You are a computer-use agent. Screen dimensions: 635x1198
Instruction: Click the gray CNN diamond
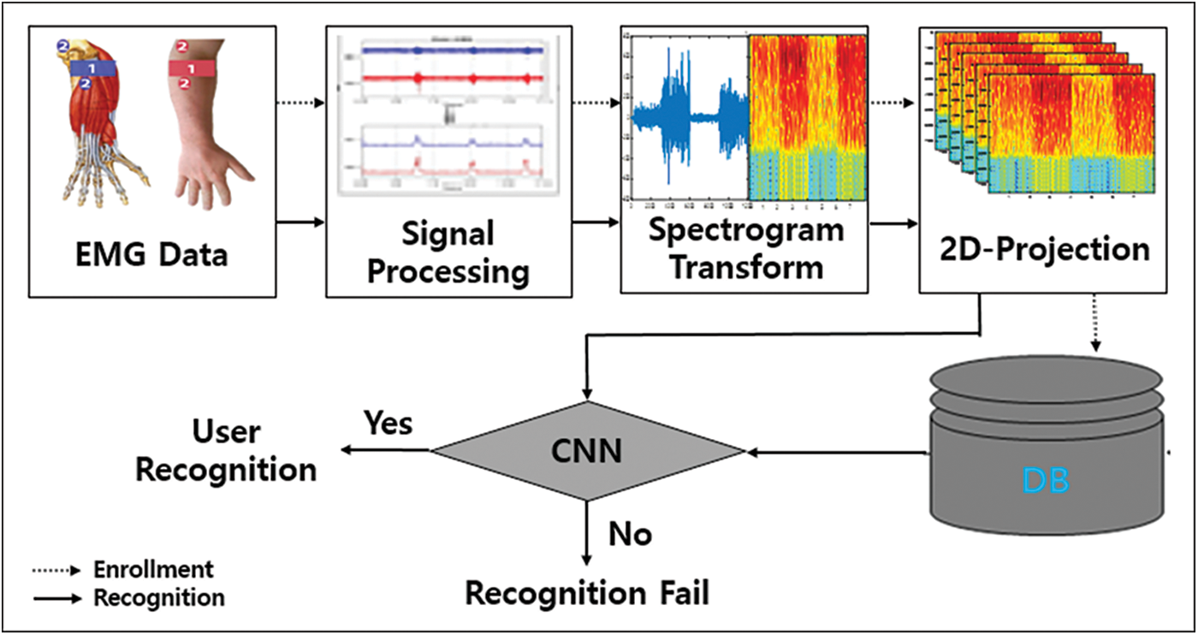(x=587, y=450)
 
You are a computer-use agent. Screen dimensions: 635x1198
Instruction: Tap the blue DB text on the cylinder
(x=1046, y=481)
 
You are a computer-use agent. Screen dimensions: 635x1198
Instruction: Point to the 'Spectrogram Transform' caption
(x=745, y=248)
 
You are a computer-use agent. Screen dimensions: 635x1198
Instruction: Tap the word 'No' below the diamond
(x=630, y=534)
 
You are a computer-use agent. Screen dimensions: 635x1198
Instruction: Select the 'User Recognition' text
(x=226, y=450)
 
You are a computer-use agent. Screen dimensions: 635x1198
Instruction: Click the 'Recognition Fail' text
(x=587, y=593)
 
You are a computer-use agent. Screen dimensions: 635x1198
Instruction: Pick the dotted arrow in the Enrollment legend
(x=56, y=570)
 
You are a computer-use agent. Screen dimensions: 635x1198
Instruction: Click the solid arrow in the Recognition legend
(x=56, y=597)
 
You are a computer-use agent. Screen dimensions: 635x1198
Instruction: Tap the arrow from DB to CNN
(x=839, y=450)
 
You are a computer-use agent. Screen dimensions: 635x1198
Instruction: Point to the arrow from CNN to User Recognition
(x=385, y=450)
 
